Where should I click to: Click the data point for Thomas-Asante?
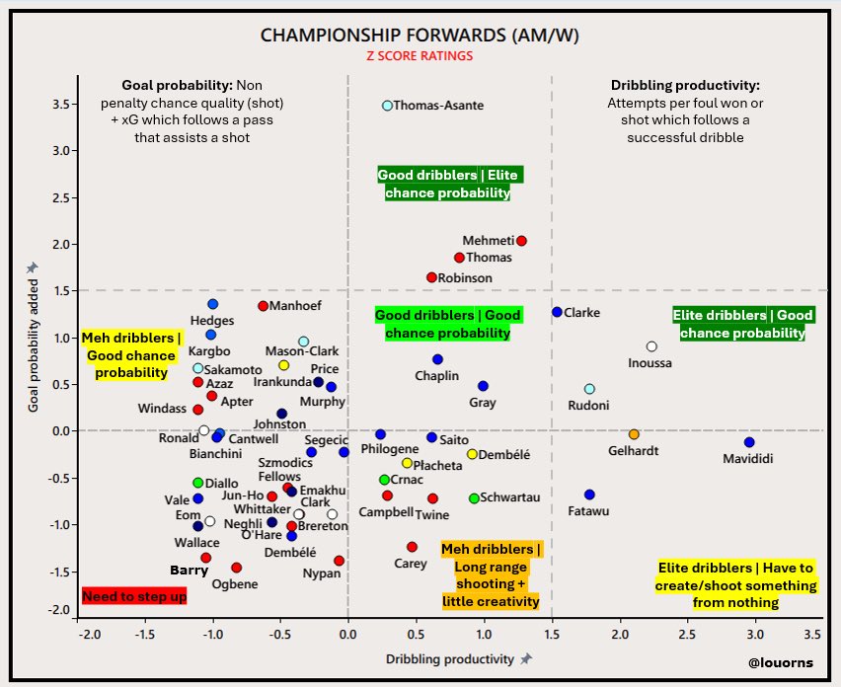387,105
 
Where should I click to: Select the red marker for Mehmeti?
521,241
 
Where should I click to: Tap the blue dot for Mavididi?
749,443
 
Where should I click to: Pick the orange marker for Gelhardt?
634,434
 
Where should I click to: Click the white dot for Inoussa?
651,346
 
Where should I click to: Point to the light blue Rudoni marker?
589,389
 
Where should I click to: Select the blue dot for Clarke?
557,312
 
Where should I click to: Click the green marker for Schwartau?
474,498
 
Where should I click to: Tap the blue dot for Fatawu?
589,495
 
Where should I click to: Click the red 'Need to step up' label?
133,597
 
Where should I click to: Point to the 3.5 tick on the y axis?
61,104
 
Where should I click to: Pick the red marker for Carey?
412,547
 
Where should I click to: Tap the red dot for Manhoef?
263,306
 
